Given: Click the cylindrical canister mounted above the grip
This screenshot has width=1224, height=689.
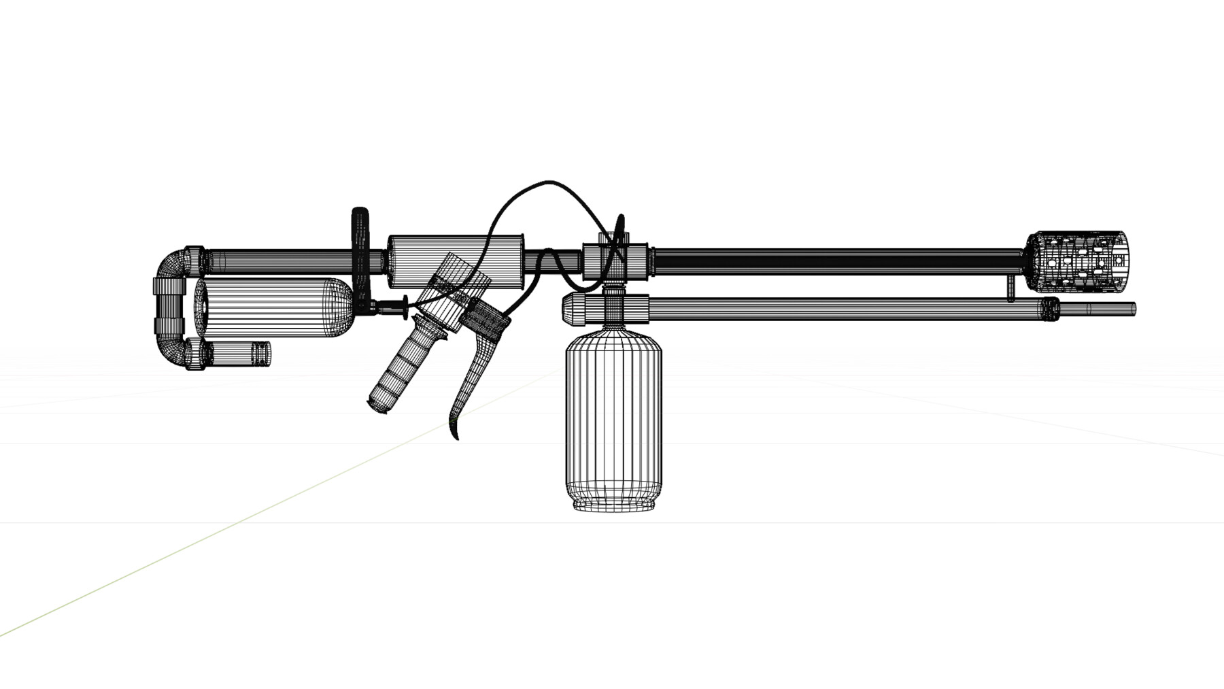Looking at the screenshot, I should pyautogui.click(x=454, y=262).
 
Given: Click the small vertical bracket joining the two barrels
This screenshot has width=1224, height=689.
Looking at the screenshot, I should pyautogui.click(x=1011, y=288).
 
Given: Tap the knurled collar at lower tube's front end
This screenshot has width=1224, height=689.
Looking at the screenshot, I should pyautogui.click(x=1050, y=309).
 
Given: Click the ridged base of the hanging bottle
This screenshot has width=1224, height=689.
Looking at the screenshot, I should pyautogui.click(x=613, y=504).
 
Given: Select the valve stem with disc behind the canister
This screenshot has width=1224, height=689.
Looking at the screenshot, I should pyautogui.click(x=394, y=308).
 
